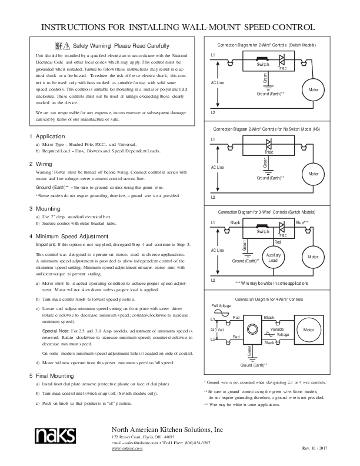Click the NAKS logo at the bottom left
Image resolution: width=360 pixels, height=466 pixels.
[54, 435]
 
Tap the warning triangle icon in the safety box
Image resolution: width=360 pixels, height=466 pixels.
[68, 46]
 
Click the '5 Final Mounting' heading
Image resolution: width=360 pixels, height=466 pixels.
[54, 375]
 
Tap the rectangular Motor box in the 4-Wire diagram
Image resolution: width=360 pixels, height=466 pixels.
[309, 331]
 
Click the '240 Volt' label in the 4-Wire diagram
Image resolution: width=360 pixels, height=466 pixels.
[218, 331]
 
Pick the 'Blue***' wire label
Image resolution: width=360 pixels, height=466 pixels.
[302, 223]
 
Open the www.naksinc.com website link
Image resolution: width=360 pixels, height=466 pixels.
[124, 448]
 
